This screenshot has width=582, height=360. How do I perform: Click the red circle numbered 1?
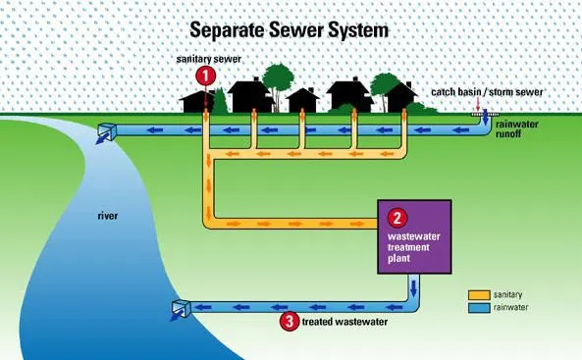click(x=205, y=77)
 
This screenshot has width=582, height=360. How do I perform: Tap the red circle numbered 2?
click(x=397, y=218)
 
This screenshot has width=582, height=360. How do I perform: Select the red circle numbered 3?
click(x=290, y=321)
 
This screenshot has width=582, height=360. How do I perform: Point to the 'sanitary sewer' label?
click(x=209, y=59)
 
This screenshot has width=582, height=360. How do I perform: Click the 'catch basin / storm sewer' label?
click(x=487, y=91)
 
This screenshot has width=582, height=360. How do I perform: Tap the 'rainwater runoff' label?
click(x=516, y=129)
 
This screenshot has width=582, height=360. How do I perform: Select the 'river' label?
click(x=108, y=216)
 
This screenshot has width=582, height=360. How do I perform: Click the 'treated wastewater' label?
click(x=344, y=322)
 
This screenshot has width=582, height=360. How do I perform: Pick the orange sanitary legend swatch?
click(x=479, y=295)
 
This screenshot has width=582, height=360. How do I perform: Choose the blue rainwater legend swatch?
click(x=479, y=308)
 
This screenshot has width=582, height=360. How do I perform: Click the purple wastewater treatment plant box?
click(x=414, y=237)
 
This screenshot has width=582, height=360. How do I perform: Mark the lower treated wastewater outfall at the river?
click(x=182, y=308)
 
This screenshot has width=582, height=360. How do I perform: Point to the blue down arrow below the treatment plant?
click(x=413, y=287)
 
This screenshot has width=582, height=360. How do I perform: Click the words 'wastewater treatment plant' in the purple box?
click(x=414, y=247)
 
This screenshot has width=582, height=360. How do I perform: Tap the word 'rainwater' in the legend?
click(x=510, y=307)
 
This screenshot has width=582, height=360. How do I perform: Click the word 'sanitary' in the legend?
click(x=507, y=294)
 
